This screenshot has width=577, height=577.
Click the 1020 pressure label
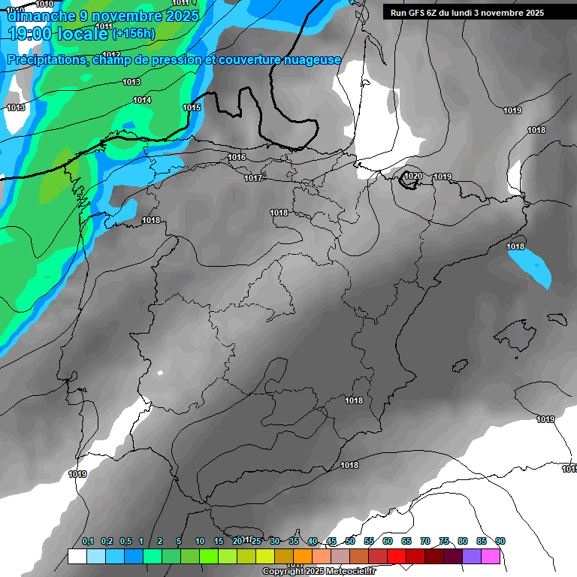tap(413, 176)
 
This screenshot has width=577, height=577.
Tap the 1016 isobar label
tap(237, 157)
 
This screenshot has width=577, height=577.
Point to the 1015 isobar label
tap(192, 107)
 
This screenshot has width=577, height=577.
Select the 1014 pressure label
tap(142, 100)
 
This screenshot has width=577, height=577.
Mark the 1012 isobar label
tap(111, 55)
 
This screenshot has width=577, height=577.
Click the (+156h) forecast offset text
tap(135, 33)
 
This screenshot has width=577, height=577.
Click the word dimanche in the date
tap(38, 15)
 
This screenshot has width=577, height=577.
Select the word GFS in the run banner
tap(417, 13)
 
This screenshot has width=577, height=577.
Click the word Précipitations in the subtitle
tap(46, 60)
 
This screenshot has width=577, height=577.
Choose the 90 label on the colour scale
tap(500, 541)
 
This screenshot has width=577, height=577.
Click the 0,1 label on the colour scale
tap(88, 541)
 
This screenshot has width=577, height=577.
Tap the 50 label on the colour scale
tap(350, 541)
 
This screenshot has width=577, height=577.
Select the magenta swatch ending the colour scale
tap(491, 556)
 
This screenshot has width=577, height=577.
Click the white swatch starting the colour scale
tap(77, 556)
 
